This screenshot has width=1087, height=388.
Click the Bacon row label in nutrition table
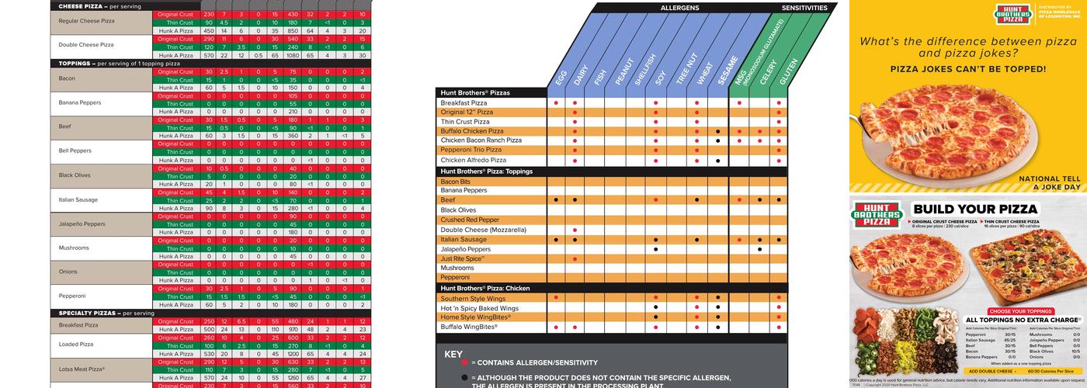click(x=68, y=78)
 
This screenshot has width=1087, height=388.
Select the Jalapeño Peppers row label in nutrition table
click(x=82, y=224)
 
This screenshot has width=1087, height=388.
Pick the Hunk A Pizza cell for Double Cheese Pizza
click(x=175, y=55)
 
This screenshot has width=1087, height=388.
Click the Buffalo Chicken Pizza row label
click(x=472, y=131)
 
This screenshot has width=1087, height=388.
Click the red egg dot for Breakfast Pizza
click(x=556, y=102)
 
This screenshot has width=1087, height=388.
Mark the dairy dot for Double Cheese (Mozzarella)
click(x=575, y=230)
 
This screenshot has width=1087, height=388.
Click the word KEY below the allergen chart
click(x=453, y=354)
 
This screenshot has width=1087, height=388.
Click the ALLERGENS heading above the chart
click(x=679, y=7)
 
